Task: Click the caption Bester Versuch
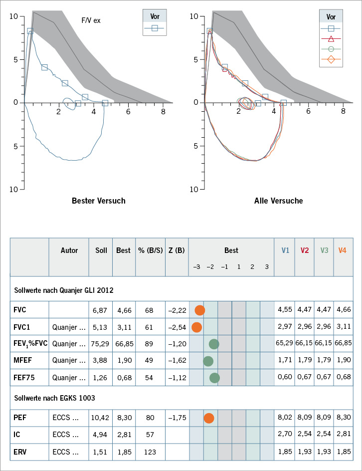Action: coord(99,201)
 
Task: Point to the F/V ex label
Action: coord(91,20)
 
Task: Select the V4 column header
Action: coord(343,250)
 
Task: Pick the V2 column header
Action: coord(305,250)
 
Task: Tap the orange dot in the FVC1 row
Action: coord(196,327)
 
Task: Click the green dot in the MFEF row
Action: coord(208,361)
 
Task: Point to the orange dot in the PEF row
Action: coord(209,418)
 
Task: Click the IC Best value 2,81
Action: coord(123,435)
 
